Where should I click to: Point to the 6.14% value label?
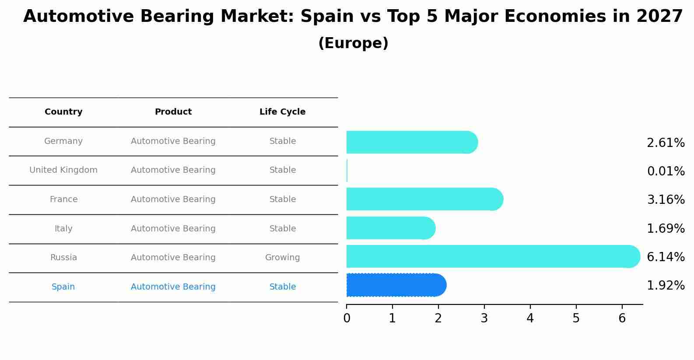click(666, 257)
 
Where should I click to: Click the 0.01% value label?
click(666, 171)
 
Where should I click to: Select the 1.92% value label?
click(666, 286)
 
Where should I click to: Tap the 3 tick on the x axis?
click(484, 318)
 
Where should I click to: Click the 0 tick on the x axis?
click(347, 318)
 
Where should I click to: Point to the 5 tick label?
click(576, 318)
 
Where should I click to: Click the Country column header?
click(63, 112)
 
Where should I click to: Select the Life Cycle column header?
click(282, 112)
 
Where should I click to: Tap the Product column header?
click(173, 112)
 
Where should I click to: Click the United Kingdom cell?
click(63, 170)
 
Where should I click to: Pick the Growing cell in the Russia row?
click(282, 258)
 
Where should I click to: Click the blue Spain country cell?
click(63, 287)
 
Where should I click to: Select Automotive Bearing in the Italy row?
click(173, 228)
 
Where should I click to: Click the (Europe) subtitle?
click(353, 43)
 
